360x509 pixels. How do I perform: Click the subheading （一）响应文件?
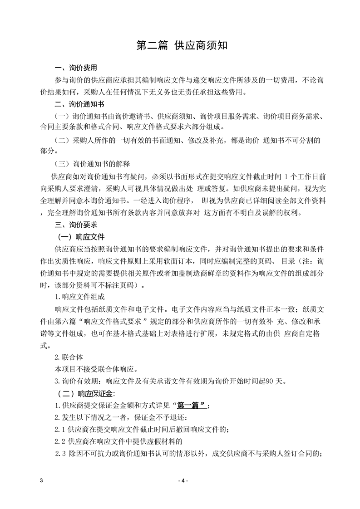[80, 237]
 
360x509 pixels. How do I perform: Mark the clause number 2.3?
[60, 454]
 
